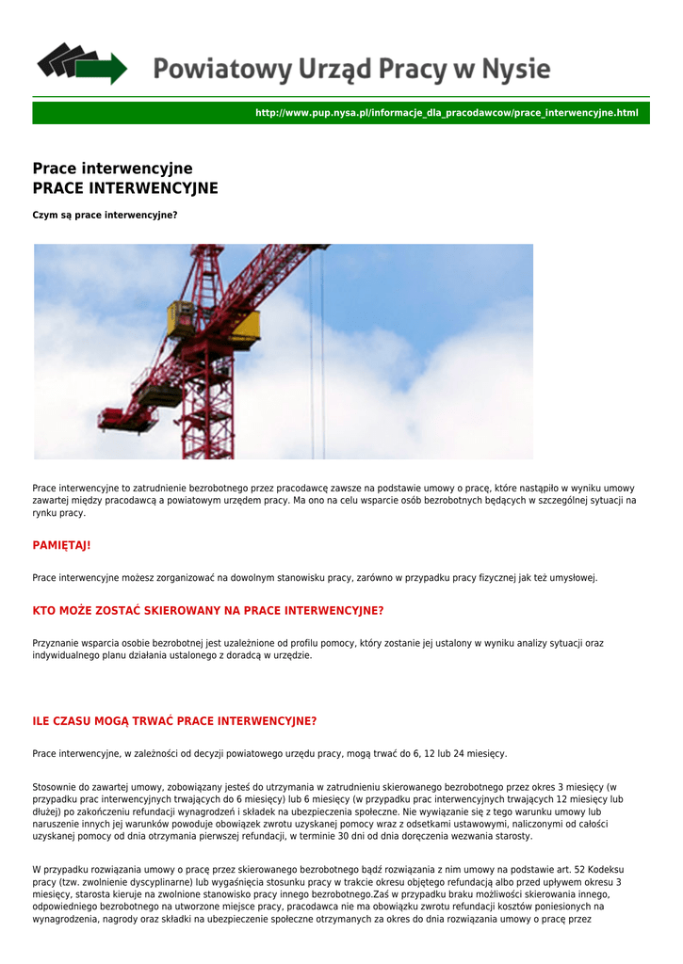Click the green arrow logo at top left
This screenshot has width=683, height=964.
coord(81,63)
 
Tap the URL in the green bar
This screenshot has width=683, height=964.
coord(447,113)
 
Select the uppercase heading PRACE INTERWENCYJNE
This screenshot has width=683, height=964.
coord(125,188)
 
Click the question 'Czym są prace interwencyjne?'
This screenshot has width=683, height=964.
coord(105,215)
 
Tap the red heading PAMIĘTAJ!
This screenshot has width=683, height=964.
coord(61,545)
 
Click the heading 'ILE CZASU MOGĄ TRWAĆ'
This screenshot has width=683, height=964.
coord(174,721)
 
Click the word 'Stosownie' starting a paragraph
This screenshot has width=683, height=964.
coord(55,787)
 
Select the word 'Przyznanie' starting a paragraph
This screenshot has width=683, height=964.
coord(56,643)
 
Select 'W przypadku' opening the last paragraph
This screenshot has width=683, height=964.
coord(58,869)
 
